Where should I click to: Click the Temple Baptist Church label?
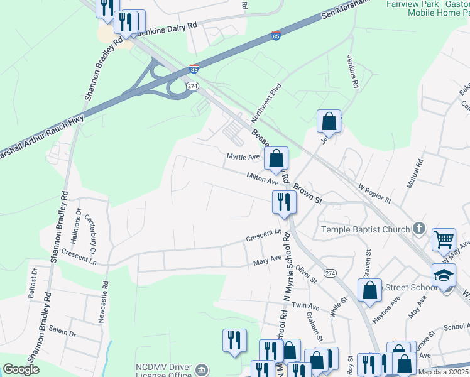pyautogui.click(x=365, y=229)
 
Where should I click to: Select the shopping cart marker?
pyautogui.click(x=444, y=239)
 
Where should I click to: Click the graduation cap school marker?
pyautogui.click(x=444, y=275)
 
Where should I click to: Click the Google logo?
pyautogui.click(x=21, y=369)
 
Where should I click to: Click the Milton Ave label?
pyautogui.click(x=262, y=180)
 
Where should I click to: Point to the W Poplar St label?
pyautogui.click(x=374, y=194)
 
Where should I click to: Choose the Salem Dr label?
pyautogui.click(x=62, y=331)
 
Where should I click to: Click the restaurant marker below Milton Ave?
pyautogui.click(x=283, y=202)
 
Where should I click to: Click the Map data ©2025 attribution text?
pyautogui.click(x=443, y=372)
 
